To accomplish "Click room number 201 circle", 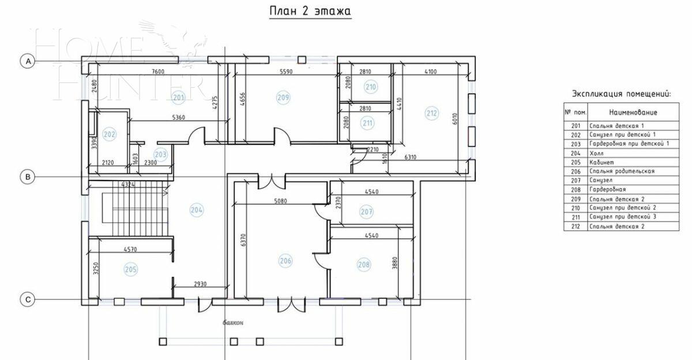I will [179, 97].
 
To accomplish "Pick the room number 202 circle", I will [109, 134].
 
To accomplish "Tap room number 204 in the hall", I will [196, 210].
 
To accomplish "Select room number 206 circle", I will [285, 261].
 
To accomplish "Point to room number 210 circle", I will [370, 87].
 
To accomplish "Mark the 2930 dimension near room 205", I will [201, 284].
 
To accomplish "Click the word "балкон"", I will [233, 324].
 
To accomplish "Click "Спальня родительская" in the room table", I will [622, 171].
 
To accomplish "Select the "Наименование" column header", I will [633, 112].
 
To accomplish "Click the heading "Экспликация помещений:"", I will [622, 93].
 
